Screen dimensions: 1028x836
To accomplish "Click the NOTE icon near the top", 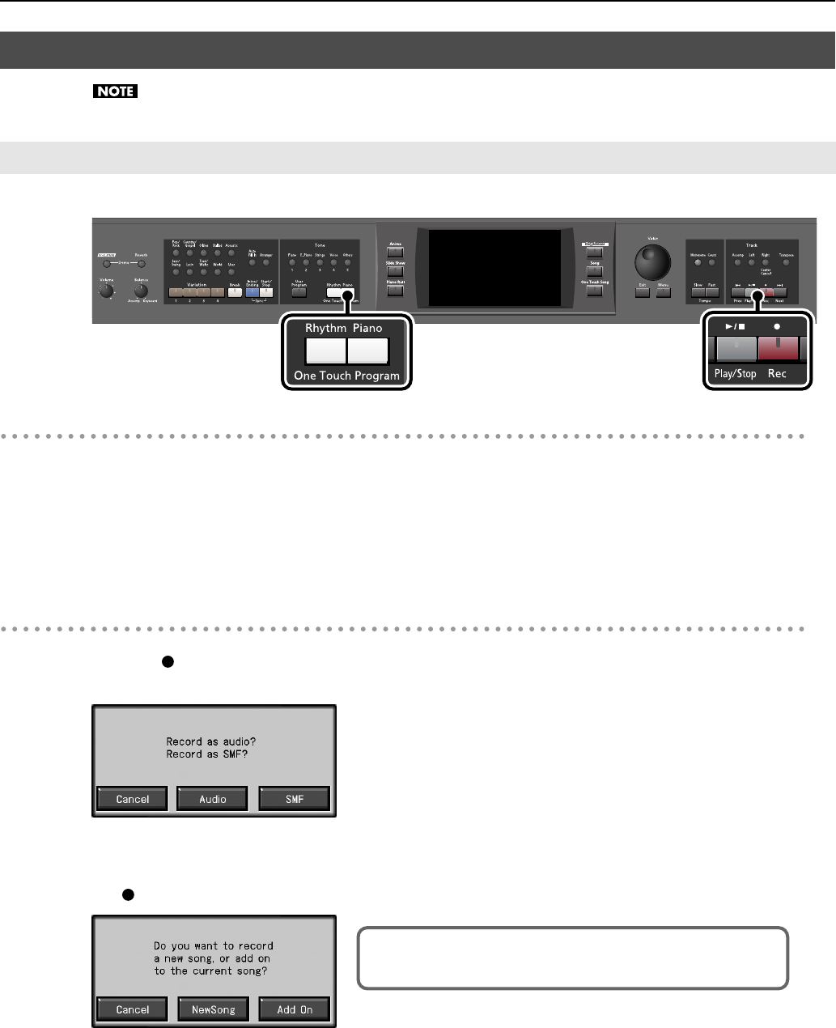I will tap(116, 91).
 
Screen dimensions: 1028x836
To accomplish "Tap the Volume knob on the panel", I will tap(105, 291).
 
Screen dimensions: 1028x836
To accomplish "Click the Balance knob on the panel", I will tap(141, 290).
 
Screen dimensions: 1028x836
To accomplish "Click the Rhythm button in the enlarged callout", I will tap(325, 350).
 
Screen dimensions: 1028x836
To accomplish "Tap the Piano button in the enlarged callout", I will tap(368, 350).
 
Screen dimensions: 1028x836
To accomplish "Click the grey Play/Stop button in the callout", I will tap(735, 349).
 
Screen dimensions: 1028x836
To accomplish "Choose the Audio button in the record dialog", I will tap(213, 799).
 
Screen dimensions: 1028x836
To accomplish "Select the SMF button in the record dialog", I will tap(295, 799).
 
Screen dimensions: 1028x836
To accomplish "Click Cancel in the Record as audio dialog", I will tap(133, 799).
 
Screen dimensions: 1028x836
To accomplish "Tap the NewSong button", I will tap(213, 1009).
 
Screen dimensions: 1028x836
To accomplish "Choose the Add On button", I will tap(295, 1009).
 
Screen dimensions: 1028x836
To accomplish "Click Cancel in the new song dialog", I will tap(133, 1009).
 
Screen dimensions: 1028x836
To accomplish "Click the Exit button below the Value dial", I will tap(643, 291).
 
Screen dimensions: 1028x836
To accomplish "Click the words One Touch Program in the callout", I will tap(346, 376).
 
